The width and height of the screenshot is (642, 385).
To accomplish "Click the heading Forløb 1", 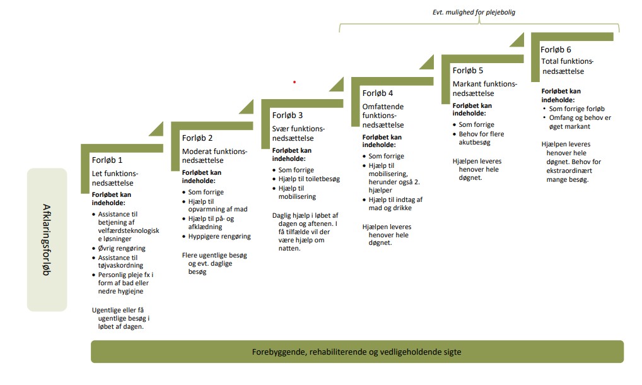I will pyautogui.click(x=107, y=160).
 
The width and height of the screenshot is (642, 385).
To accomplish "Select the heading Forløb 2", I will pyautogui.click(x=197, y=138).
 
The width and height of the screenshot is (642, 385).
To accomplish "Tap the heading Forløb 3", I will pyautogui.click(x=288, y=115).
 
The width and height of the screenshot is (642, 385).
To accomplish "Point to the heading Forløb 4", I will pyautogui.click(x=378, y=93).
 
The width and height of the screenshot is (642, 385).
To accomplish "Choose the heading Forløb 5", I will pyautogui.click(x=468, y=71).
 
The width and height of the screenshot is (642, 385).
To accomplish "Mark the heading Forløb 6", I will pyautogui.click(x=557, y=49).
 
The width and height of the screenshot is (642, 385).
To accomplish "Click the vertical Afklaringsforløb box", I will pyautogui.click(x=47, y=239).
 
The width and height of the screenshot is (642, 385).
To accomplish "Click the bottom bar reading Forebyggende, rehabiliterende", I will pyautogui.click(x=357, y=352).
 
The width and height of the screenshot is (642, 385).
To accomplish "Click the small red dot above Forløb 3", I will pyautogui.click(x=294, y=82).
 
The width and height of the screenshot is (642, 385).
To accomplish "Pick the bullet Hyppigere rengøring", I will pyautogui.click(x=219, y=237).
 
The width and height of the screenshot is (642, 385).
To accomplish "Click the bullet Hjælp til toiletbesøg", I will pyautogui.click(x=309, y=179).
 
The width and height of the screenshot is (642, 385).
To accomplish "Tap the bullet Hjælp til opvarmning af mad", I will pyautogui.click(x=214, y=205).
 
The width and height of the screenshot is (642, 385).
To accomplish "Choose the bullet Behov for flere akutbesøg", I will pyautogui.click(x=481, y=138).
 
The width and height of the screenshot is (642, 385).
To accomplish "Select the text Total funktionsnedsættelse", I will pyautogui.click(x=568, y=66).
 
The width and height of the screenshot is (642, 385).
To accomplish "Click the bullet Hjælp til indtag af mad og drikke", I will pyautogui.click(x=395, y=204).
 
